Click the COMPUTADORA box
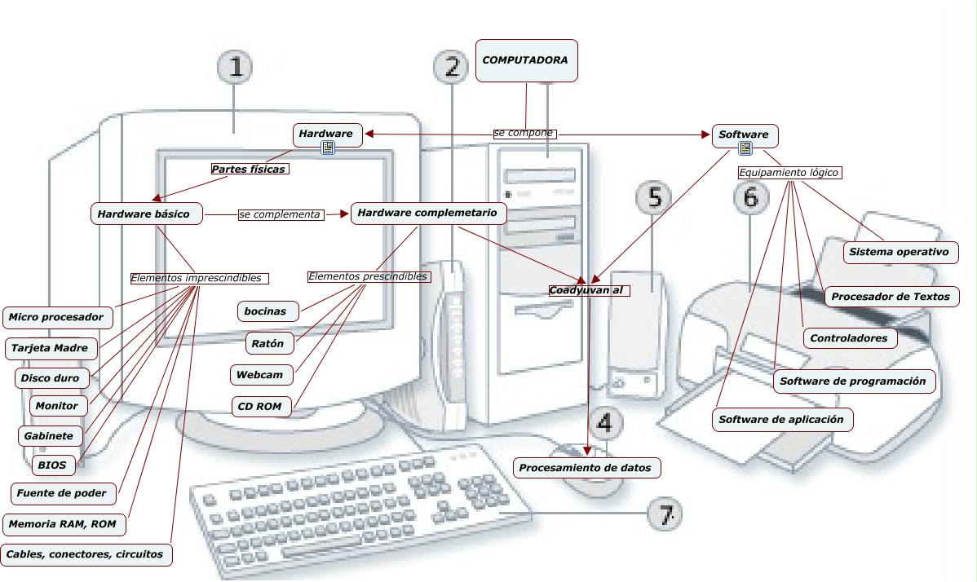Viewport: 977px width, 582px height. click(x=526, y=60)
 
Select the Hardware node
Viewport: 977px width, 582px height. click(x=326, y=134)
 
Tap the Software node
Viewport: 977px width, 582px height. click(x=744, y=134)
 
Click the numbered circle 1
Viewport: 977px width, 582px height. click(x=235, y=68)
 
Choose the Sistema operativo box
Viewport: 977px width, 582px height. click(x=899, y=252)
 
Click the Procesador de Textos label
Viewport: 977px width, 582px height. click(x=891, y=297)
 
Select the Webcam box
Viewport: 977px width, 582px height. click(x=260, y=375)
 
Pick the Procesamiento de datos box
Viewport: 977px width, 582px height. click(x=586, y=468)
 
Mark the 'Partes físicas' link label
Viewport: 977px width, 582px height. click(x=249, y=170)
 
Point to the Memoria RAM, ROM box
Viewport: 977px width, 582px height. click(x=62, y=524)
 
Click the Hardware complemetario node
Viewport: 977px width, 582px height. click(x=428, y=213)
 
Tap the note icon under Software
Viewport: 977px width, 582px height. click(x=745, y=148)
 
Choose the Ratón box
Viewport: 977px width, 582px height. click(x=268, y=343)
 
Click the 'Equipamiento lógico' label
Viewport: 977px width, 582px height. click(x=788, y=173)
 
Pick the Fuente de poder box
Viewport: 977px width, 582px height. click(x=61, y=493)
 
